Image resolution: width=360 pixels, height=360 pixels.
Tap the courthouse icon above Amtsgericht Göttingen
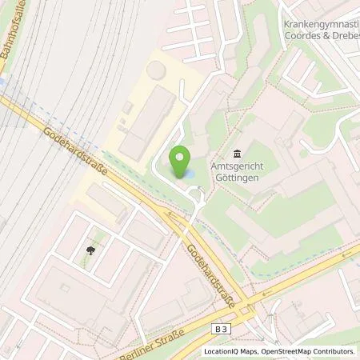point(238,153)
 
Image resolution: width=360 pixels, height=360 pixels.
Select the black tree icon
point(90,250)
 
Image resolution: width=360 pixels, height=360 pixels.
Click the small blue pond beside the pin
point(193,171)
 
